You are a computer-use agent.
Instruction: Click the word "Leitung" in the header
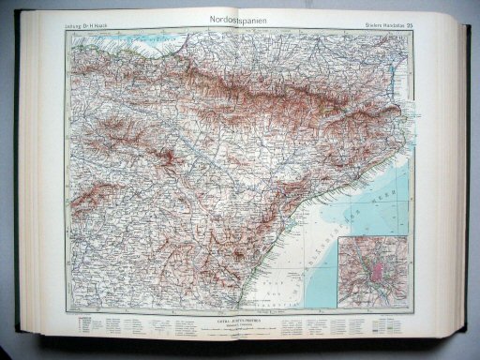click(76, 26)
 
